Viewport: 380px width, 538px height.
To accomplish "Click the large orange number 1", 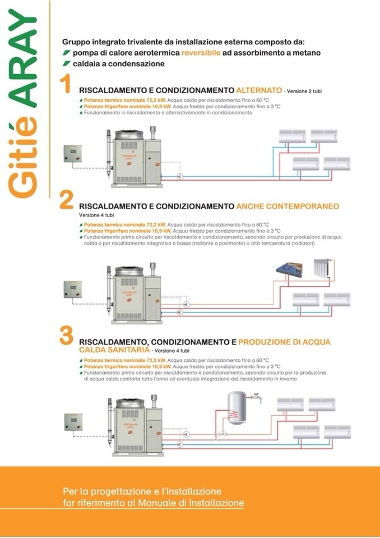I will (x=66, y=85).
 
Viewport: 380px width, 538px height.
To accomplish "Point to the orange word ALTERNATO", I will (x=259, y=90).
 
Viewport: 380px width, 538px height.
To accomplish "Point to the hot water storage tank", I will (x=238, y=407).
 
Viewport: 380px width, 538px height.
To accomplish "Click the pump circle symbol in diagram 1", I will (x=179, y=176).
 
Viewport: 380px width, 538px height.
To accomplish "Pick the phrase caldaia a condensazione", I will (x=118, y=63).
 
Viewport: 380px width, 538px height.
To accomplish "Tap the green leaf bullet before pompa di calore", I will (x=66, y=53).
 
